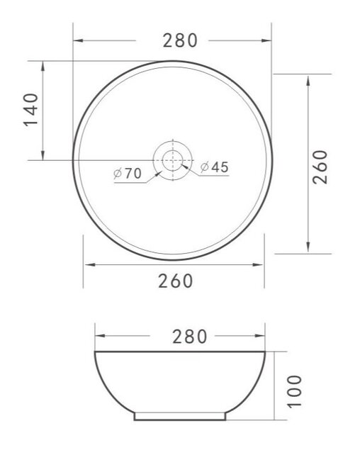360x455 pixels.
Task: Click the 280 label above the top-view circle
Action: [179, 41]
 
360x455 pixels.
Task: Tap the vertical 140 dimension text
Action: [30, 111]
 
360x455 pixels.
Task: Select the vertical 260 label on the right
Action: [320, 167]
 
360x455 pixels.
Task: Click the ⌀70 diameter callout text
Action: [128, 172]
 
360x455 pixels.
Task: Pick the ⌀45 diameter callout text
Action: [214, 167]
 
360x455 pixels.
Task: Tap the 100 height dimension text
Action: [296, 391]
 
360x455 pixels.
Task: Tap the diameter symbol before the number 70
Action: [116, 173]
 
